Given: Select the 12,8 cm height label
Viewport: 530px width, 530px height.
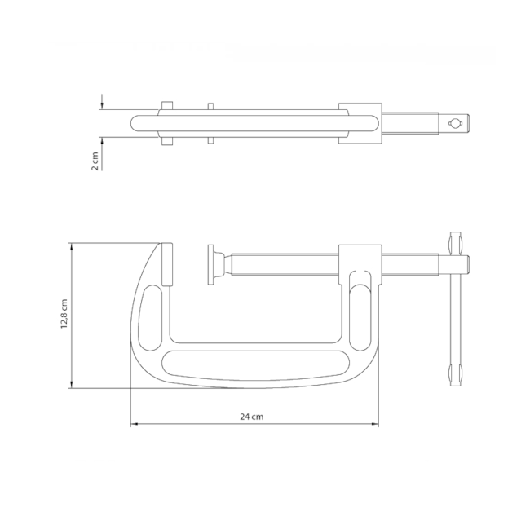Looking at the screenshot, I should coord(63,315).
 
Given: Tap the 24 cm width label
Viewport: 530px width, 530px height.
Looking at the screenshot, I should coord(252,417).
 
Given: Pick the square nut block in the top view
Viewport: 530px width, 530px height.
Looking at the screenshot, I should coord(360,123).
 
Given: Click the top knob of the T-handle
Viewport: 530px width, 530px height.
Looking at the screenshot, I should coord(454,244).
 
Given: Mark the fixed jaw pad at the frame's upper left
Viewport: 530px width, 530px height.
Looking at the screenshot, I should coord(166,264).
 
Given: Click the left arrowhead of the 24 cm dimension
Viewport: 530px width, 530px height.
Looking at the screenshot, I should coord(134,425).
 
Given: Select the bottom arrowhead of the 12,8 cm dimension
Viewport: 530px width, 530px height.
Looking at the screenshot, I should coord(73,385).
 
